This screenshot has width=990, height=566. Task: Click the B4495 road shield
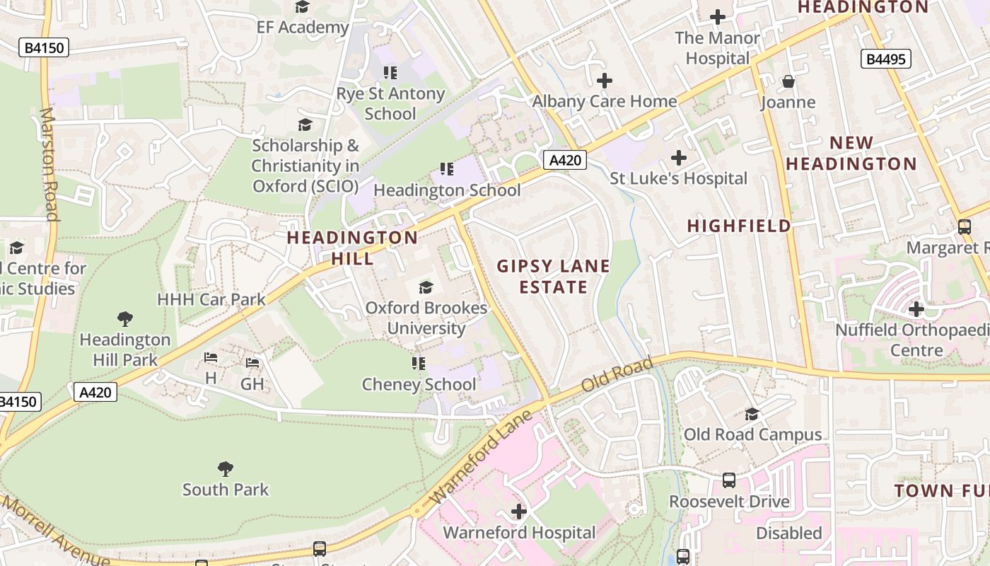pyautogui.click(x=885, y=59)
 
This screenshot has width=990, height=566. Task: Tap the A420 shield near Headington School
pyautogui.click(x=566, y=160)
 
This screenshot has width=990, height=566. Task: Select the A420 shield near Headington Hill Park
pyautogui.click(x=95, y=391)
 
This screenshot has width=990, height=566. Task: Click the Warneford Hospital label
pyautogui.click(x=519, y=532)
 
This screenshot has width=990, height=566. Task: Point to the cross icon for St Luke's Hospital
pyautogui.click(x=679, y=157)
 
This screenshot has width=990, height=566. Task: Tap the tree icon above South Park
pyautogui.click(x=226, y=468)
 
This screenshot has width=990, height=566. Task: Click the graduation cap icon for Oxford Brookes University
pyautogui.click(x=426, y=287)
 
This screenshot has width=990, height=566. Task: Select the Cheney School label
pyautogui.click(x=419, y=384)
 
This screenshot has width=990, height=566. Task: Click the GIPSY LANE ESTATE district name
pyautogui.click(x=553, y=277)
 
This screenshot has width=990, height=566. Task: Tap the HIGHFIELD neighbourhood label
pyautogui.click(x=739, y=226)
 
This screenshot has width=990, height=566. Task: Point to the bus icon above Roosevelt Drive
pyautogui.click(x=729, y=480)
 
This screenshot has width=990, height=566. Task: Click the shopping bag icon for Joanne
pyautogui.click(x=788, y=82)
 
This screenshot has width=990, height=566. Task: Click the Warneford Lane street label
pyautogui.click(x=480, y=457)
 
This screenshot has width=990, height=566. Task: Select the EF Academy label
pyautogui.click(x=303, y=28)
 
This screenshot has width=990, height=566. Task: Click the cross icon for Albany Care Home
pyautogui.click(x=604, y=81)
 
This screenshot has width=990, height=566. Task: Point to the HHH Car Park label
pyautogui.click(x=211, y=299)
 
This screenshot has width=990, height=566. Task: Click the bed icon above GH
pyautogui.click(x=252, y=363)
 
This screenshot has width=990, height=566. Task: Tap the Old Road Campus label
pyautogui.click(x=752, y=434)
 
